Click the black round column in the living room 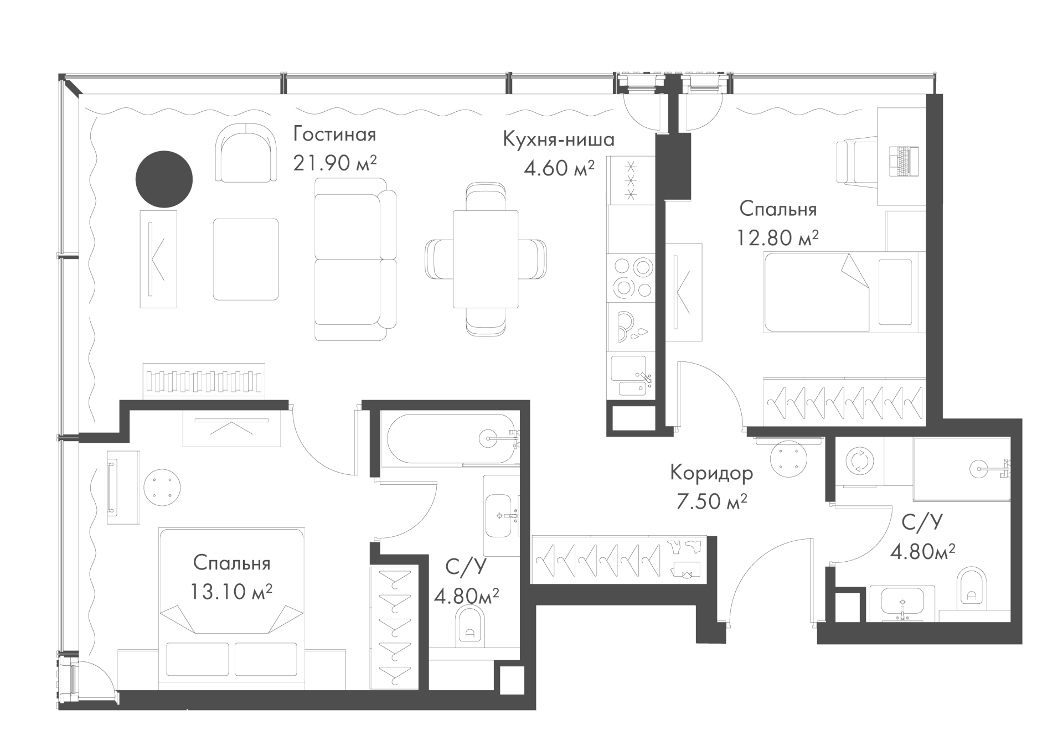164,179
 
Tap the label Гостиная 334,134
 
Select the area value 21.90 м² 335,163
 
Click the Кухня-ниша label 559,139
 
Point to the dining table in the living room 486,259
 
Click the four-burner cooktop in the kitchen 631,278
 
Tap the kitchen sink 631,376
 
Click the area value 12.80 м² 777,238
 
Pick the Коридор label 711,473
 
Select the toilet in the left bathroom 470,627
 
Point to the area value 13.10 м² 231,592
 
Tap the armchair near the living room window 247,153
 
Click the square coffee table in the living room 246,259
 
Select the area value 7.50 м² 711,501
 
